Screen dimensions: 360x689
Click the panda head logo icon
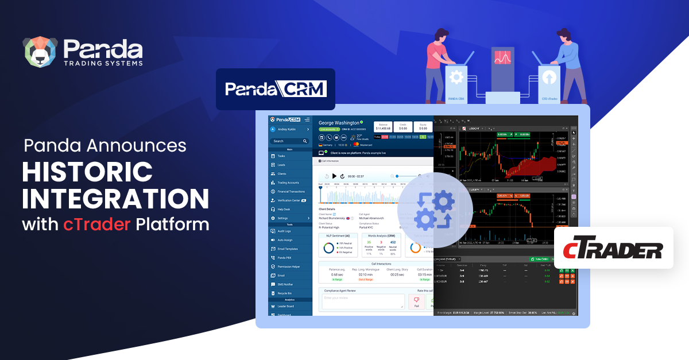(x=41, y=52)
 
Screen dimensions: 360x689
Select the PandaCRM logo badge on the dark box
(x=276, y=89)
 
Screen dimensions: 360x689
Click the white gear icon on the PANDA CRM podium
(x=456, y=77)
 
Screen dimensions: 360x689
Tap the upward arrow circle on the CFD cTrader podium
(x=548, y=78)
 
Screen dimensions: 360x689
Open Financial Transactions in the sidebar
(x=291, y=191)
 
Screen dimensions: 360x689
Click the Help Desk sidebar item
(x=284, y=209)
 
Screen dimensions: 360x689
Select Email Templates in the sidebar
(x=288, y=249)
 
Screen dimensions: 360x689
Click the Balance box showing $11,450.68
(x=384, y=126)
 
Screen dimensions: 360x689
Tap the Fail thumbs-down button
(x=416, y=301)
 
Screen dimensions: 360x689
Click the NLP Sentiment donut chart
(x=329, y=247)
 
